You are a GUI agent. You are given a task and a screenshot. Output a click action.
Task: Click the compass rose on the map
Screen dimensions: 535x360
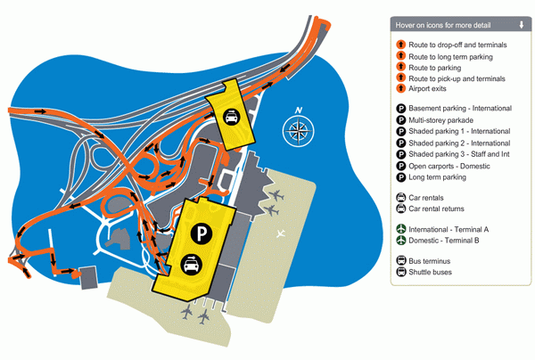pos(298,131)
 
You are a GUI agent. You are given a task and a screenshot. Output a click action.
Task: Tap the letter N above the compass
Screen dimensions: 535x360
pos(299,110)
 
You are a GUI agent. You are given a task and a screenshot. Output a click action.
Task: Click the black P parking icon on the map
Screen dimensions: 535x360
pos(202,233)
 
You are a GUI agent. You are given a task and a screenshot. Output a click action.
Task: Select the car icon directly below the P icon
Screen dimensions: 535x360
pos(191,264)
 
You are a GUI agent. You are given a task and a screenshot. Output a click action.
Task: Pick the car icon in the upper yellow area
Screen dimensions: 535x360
pos(232,117)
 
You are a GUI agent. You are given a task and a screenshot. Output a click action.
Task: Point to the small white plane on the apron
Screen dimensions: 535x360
pos(281,233)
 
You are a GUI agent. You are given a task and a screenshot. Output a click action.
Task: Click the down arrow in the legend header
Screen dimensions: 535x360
pos(522,25)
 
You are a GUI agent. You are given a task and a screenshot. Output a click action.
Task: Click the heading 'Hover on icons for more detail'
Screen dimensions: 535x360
pos(443,25)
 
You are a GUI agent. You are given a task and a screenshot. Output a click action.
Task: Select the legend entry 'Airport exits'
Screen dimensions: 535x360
pos(427,88)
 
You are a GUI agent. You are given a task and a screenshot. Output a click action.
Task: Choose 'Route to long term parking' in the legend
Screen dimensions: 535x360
pos(450,57)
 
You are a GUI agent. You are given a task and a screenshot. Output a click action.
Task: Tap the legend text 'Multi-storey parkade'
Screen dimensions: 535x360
pos(440,120)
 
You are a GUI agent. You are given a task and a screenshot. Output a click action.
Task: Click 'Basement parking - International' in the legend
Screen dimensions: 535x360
pos(460,109)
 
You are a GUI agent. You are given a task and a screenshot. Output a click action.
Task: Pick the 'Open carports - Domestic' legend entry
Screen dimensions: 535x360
pos(449,167)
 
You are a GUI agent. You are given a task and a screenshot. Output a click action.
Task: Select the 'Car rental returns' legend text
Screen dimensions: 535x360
pos(436,209)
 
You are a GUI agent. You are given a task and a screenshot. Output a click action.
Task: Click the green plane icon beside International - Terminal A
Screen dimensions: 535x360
pos(401,229)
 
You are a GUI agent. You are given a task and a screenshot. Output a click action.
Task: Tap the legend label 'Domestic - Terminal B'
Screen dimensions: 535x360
pos(444,241)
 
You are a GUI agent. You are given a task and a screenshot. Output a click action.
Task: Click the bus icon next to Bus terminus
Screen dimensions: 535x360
pos(401,261)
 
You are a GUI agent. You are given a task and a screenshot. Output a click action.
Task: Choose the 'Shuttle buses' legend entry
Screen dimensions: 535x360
pos(431,272)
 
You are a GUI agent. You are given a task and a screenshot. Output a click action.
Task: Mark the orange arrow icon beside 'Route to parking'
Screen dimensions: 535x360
pos(401,67)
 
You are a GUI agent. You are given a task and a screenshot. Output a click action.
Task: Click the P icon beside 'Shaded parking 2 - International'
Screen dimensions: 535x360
pos(401,143)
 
